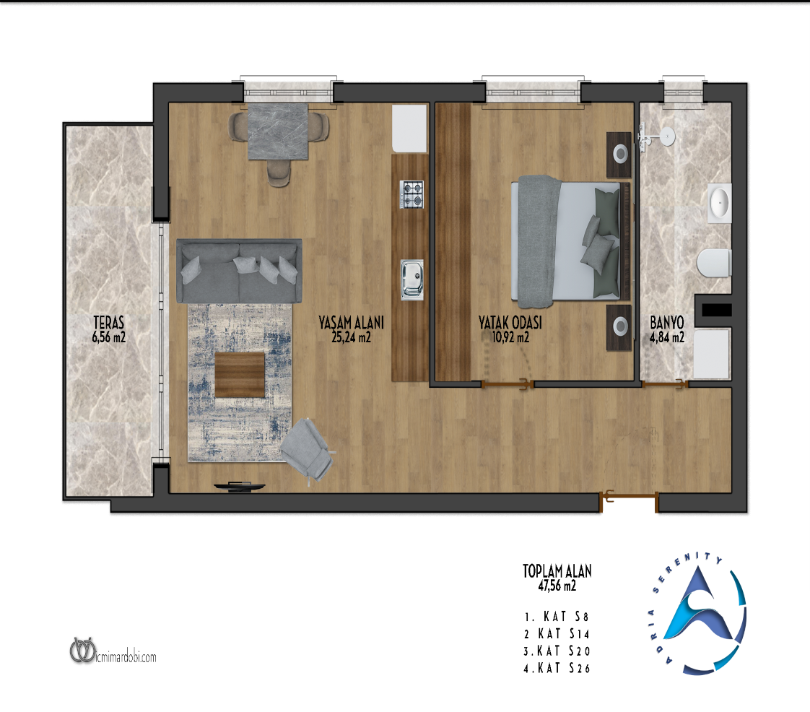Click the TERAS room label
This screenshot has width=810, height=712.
click(x=109, y=322)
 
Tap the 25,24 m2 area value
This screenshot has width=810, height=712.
click(x=352, y=337)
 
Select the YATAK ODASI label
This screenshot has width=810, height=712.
click(x=510, y=322)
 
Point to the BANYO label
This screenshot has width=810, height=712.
click(x=667, y=322)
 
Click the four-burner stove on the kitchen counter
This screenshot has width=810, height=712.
click(x=412, y=194)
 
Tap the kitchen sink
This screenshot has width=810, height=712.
click(x=411, y=279)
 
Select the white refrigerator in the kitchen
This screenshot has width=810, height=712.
click(x=409, y=129)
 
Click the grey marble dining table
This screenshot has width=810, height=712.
click(x=278, y=131)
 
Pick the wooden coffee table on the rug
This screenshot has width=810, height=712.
click(x=240, y=375)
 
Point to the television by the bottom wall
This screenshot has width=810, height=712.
click(x=240, y=486)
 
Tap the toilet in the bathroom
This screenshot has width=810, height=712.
click(x=714, y=263)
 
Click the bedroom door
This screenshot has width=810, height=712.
click(x=508, y=384)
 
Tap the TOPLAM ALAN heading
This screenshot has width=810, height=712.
click(x=557, y=571)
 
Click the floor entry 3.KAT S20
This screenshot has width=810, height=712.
click(x=557, y=651)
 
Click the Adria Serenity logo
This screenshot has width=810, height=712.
click(x=697, y=614)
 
